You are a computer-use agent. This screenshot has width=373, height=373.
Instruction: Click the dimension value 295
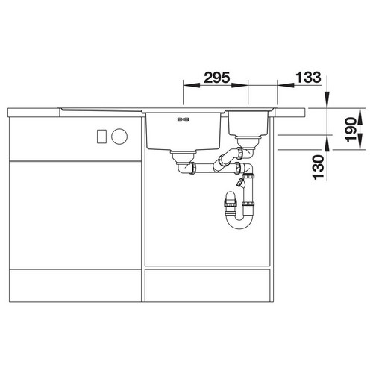coord(217,78)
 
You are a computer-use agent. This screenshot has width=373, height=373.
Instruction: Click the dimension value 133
coord(308,78)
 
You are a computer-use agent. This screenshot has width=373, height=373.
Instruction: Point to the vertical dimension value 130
coord(319,167)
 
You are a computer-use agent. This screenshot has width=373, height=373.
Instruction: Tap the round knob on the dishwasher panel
coord(119,137)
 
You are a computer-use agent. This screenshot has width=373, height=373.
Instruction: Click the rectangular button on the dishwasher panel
coord(101,137)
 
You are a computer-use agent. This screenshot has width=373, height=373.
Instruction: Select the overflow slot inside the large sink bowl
coord(184,119)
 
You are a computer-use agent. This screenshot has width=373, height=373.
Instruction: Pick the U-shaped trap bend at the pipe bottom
coord(239,222)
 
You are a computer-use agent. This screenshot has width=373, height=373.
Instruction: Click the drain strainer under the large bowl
coord(184,157)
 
